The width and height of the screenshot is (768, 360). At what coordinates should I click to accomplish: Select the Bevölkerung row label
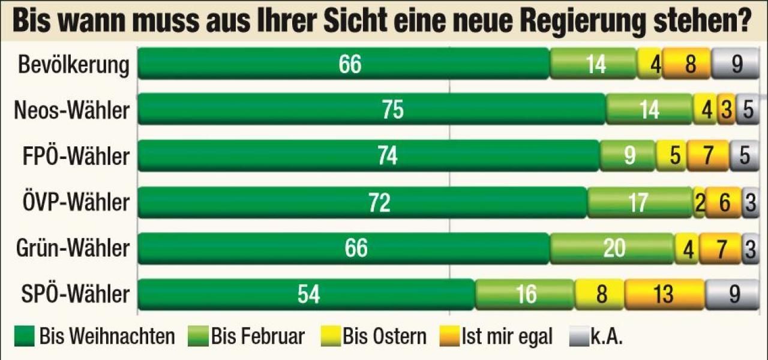(x=74, y=65)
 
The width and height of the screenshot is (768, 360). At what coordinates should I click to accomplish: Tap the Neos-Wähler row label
(x=71, y=110)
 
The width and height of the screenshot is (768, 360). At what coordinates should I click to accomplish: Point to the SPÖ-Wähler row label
(x=74, y=295)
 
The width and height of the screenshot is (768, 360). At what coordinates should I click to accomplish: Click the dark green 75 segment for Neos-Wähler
(x=372, y=110)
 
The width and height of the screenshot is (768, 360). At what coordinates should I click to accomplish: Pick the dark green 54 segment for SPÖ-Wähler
(x=307, y=295)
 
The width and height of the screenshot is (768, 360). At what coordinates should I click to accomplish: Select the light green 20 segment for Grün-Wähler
(x=613, y=248)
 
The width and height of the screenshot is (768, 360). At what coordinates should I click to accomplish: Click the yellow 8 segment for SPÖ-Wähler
(x=599, y=295)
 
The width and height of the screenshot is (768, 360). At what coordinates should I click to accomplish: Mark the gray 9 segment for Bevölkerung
(x=736, y=64)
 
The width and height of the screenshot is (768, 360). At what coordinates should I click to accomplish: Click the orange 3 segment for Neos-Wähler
(x=726, y=110)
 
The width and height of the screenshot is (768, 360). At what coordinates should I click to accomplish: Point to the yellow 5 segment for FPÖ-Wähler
(x=672, y=156)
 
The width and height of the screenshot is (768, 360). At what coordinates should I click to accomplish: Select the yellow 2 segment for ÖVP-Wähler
(x=699, y=203)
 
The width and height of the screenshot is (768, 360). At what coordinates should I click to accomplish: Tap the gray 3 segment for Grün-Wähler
(x=749, y=248)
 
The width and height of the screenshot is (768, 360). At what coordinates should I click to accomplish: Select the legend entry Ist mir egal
(x=498, y=337)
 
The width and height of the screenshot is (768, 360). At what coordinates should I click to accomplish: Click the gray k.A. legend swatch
(x=578, y=337)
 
